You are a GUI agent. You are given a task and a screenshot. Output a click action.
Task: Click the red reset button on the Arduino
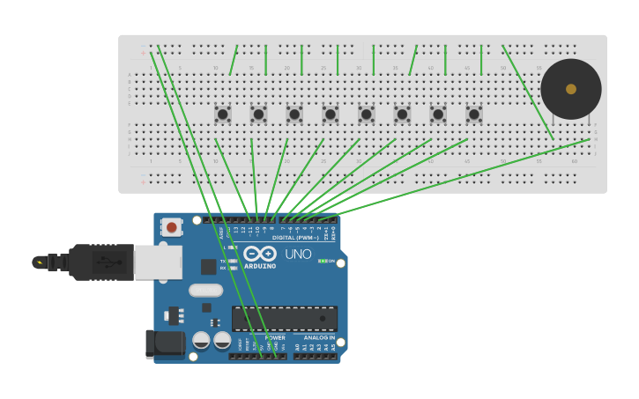pos(171,227)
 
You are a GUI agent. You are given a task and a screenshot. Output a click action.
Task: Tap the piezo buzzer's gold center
pos(571,89)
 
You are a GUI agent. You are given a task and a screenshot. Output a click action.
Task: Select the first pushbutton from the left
pos(223,114)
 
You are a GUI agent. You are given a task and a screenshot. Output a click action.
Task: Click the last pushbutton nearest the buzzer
pos(474,114)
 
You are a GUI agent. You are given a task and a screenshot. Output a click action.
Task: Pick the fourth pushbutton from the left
pos(331,114)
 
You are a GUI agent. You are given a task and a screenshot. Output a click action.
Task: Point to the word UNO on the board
pos(297,255)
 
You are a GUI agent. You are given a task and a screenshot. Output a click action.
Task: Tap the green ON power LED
pos(323,261)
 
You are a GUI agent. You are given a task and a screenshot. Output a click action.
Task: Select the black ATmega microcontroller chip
pos(284,318)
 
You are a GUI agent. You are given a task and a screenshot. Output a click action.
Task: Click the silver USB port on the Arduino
pos(159,262)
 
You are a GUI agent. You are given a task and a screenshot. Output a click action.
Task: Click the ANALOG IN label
pos(319,337)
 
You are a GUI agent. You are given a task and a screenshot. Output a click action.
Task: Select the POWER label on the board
pos(275,337)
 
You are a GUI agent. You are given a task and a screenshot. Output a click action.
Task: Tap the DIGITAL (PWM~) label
pos(295,238)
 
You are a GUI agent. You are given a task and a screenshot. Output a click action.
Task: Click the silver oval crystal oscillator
pos(205,290)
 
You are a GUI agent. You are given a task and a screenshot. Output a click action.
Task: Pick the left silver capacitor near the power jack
pos(201,340)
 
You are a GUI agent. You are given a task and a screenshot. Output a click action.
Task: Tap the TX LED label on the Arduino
pos(222,261)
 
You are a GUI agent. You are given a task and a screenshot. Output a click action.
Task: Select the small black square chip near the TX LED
pos(208,266)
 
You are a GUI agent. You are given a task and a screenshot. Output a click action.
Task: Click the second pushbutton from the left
pos(258,114)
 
